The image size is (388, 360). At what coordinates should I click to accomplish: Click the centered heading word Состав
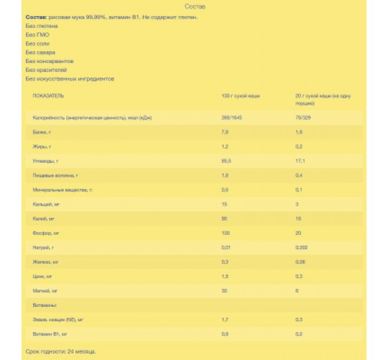click(195, 7)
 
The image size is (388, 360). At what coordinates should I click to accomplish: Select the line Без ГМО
click(37, 34)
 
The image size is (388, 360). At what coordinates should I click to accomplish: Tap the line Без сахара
click(41, 52)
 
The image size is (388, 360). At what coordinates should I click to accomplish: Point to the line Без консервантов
click(50, 61)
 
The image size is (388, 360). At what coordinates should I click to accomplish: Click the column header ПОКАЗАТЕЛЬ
click(48, 95)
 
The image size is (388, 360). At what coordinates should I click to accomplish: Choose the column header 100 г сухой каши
click(240, 95)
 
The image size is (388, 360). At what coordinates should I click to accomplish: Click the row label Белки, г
click(42, 132)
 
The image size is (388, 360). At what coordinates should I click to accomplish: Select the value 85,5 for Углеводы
click(226, 161)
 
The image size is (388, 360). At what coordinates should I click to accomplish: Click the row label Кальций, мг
click(45, 203)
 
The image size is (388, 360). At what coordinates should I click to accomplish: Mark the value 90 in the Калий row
click(224, 218)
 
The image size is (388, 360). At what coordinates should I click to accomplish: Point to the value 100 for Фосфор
click(225, 233)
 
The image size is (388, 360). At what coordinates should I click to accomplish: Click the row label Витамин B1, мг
click(51, 333)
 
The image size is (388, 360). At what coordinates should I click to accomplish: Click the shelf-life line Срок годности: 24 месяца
click(61, 351)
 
